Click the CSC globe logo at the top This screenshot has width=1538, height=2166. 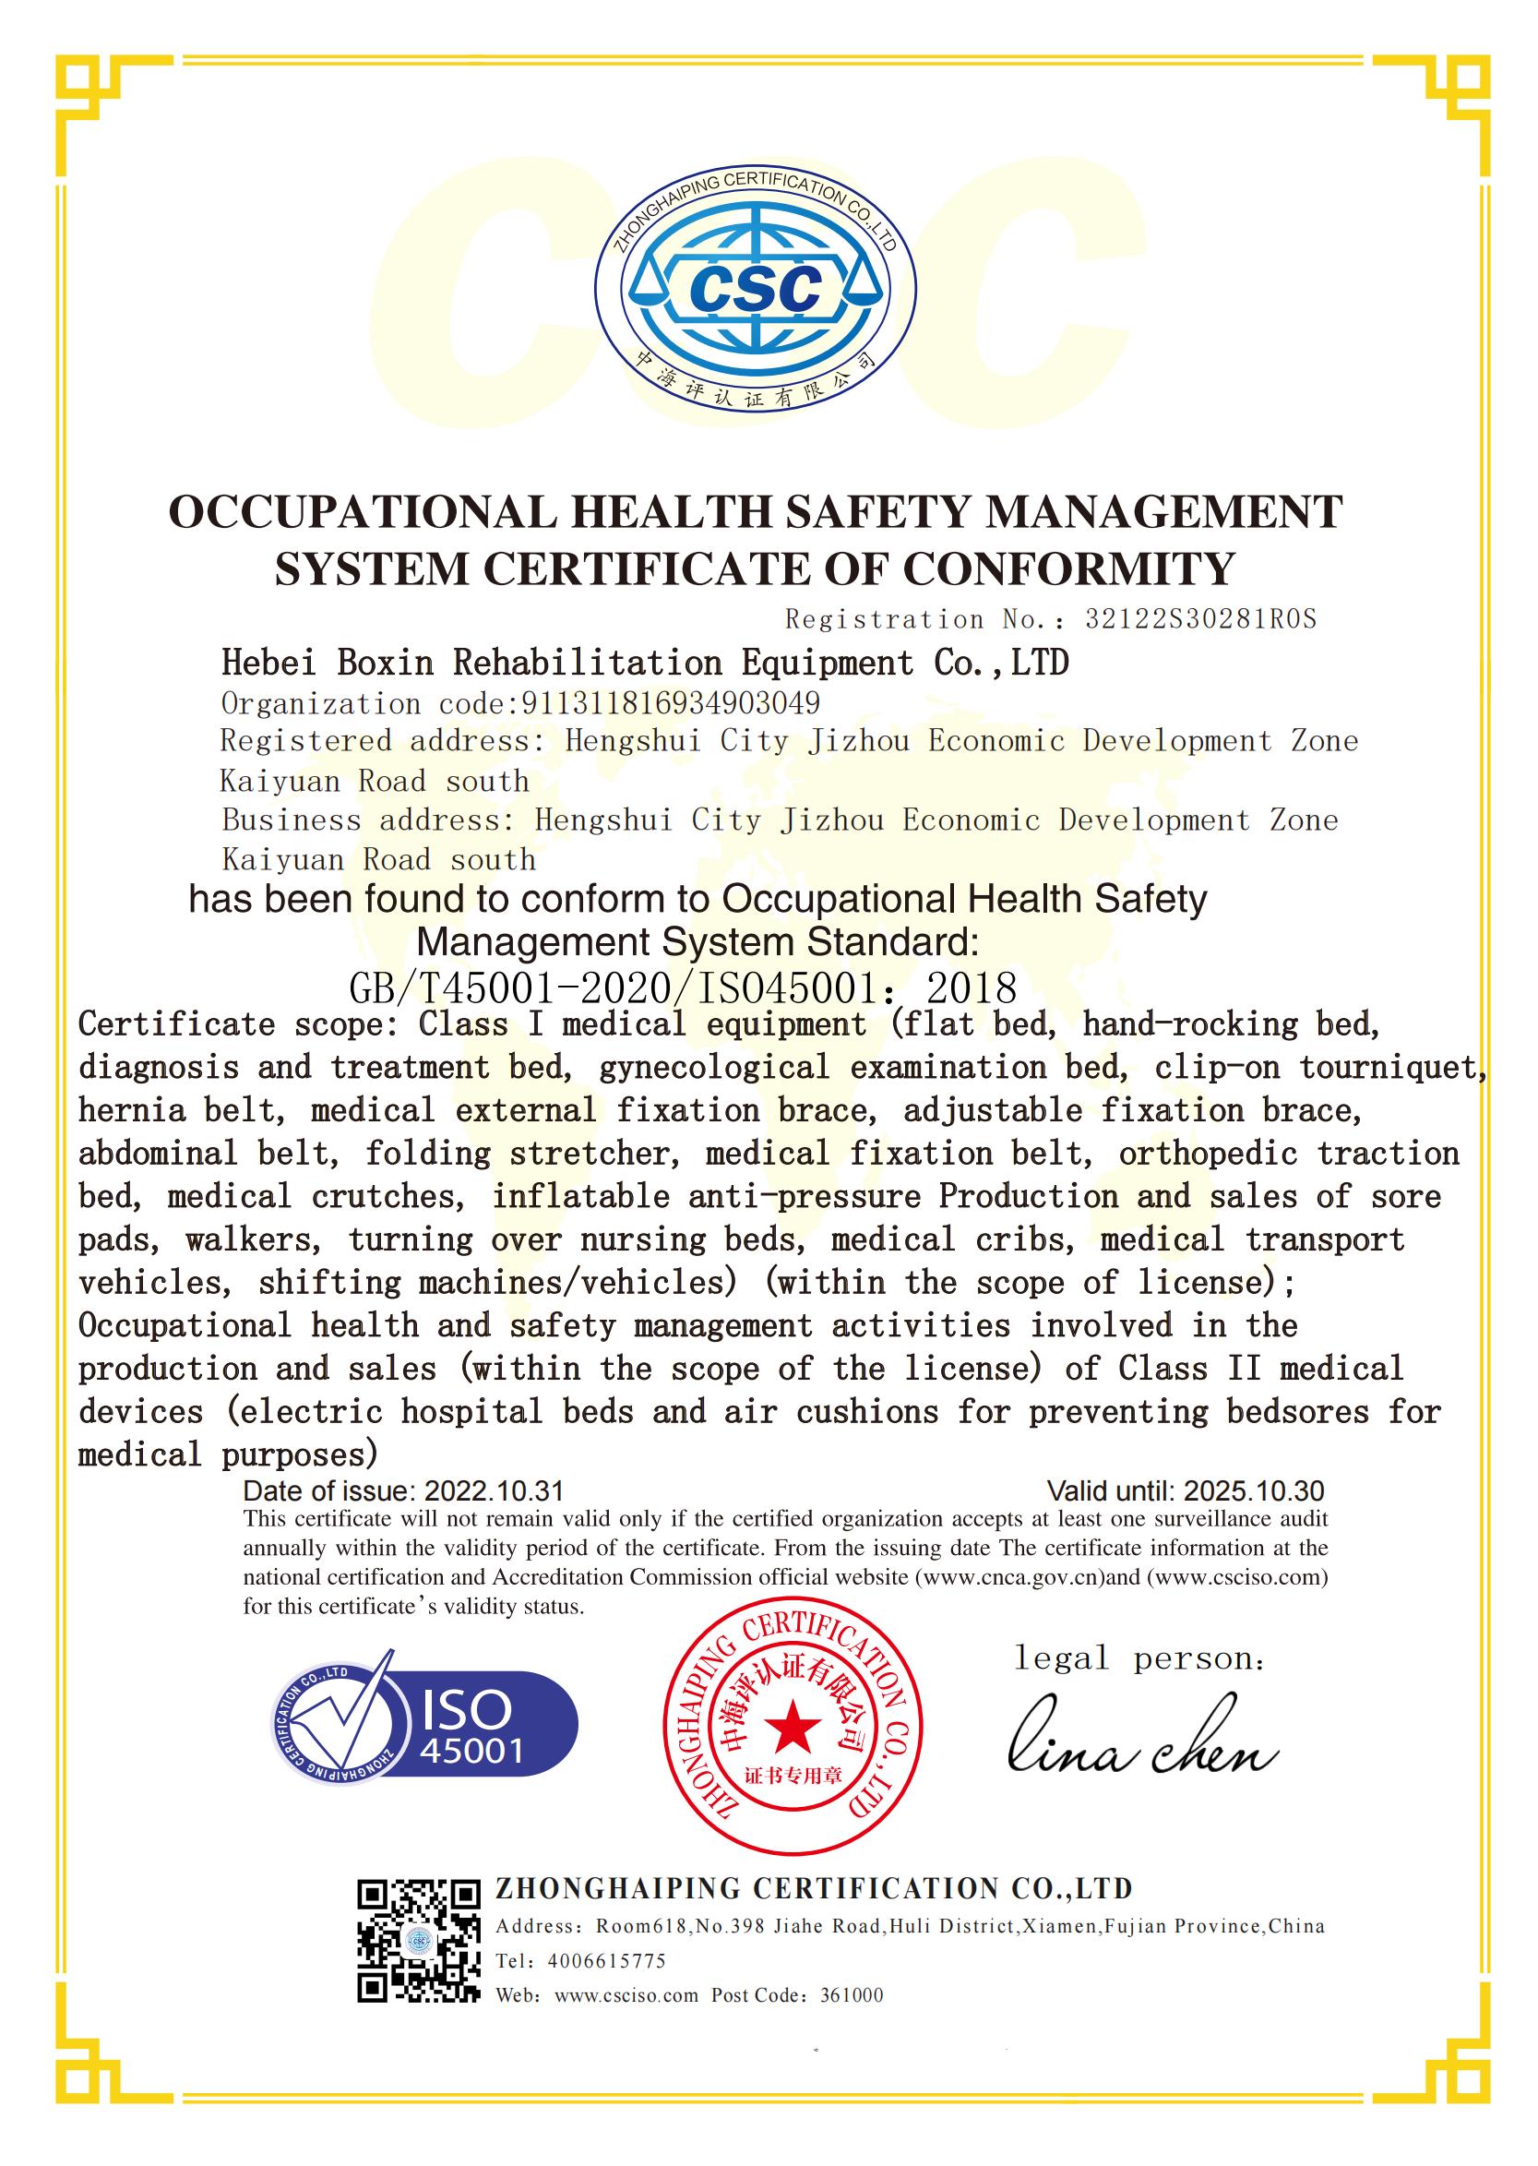click(756, 287)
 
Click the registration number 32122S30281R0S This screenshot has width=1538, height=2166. click(1200, 619)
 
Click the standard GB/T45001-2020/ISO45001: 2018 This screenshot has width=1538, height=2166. click(683, 988)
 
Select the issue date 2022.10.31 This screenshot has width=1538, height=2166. click(494, 1491)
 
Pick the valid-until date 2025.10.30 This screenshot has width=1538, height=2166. click(1254, 1491)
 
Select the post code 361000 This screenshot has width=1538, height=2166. click(852, 1995)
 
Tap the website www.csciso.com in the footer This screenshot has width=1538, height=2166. click(626, 1995)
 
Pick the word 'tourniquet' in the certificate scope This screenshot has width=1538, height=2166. click(1390, 1068)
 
